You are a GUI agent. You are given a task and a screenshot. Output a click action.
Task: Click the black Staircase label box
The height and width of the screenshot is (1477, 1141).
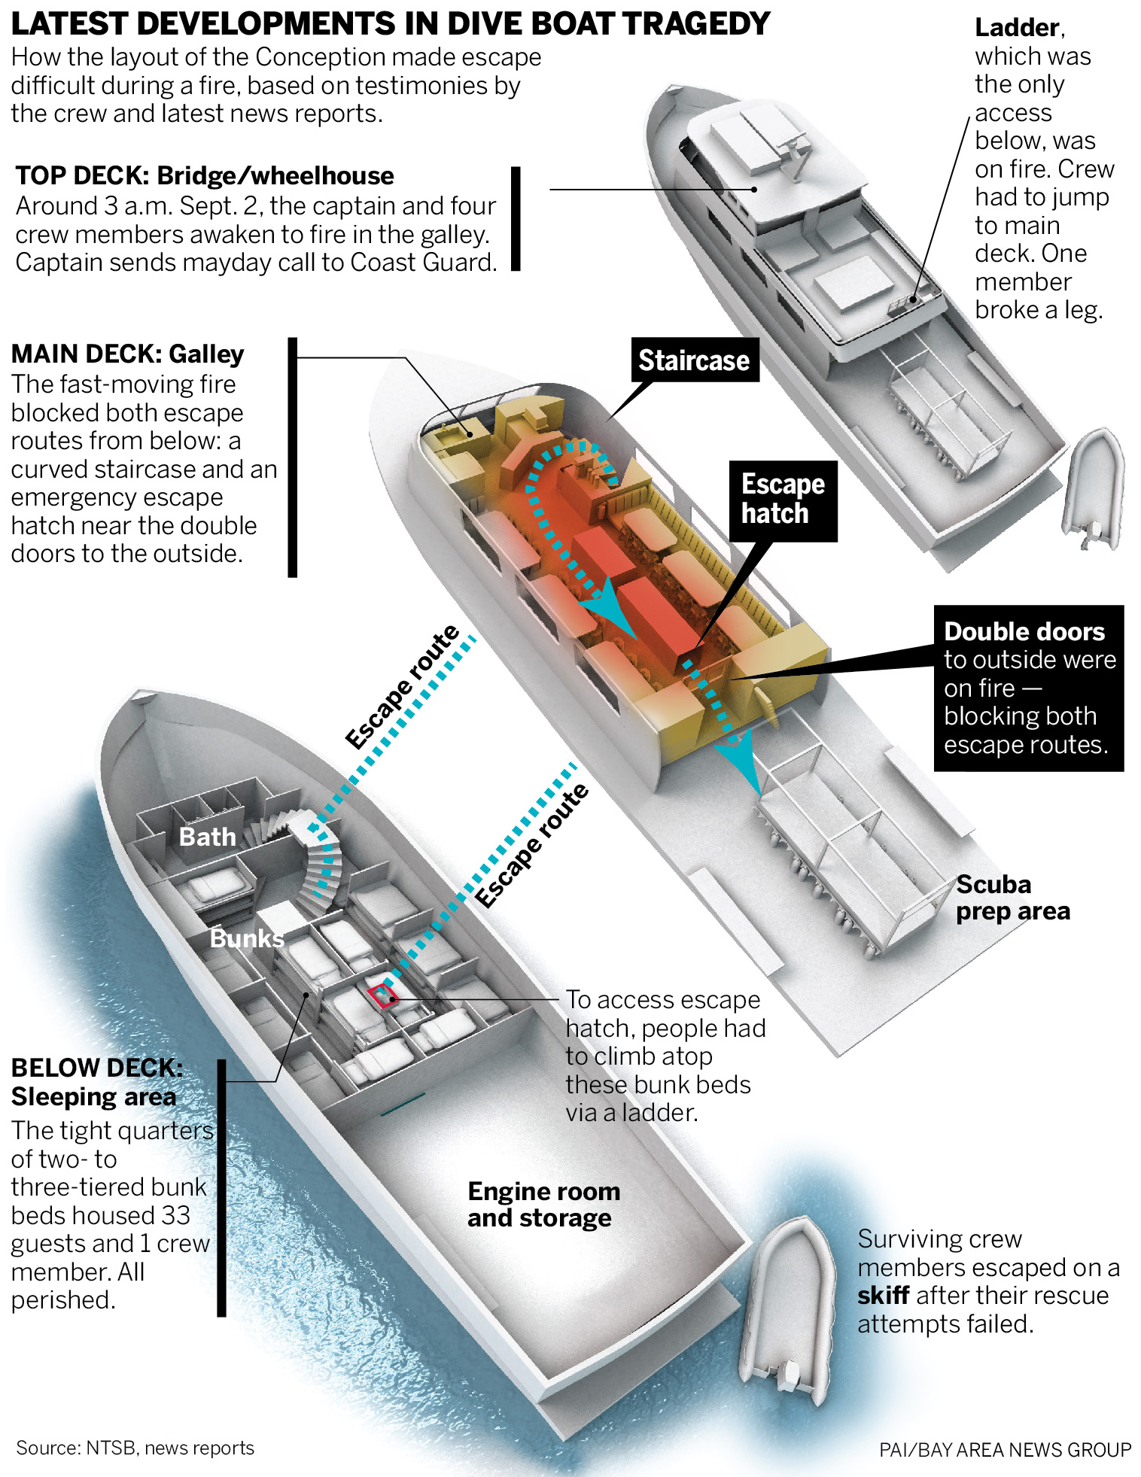[x=694, y=360]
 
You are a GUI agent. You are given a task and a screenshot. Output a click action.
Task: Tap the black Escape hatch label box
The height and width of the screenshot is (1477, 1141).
[x=783, y=500]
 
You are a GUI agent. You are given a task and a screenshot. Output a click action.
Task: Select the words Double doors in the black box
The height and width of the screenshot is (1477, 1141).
[x=1024, y=632]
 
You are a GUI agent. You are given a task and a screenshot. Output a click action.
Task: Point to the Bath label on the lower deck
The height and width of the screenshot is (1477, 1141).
[x=207, y=837]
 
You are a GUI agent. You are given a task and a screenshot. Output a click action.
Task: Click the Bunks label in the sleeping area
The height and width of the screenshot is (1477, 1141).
[x=247, y=938]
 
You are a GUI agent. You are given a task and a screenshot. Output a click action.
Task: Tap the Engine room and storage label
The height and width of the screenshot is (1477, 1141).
[x=543, y=1205]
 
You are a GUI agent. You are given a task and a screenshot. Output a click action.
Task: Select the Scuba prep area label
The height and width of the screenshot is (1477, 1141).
[x=1012, y=898]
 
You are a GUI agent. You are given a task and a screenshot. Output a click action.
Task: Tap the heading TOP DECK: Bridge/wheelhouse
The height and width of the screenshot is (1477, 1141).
[x=205, y=176]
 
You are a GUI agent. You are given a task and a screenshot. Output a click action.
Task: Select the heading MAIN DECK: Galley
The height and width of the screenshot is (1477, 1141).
[x=128, y=354]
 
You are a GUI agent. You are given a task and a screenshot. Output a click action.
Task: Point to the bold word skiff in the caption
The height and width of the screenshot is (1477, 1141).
[x=883, y=1296]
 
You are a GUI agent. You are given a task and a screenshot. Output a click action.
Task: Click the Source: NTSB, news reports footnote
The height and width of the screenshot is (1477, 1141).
[x=135, y=1448]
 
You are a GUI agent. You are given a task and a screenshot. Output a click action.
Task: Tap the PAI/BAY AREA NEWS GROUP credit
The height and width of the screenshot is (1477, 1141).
[x=1005, y=1450]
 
